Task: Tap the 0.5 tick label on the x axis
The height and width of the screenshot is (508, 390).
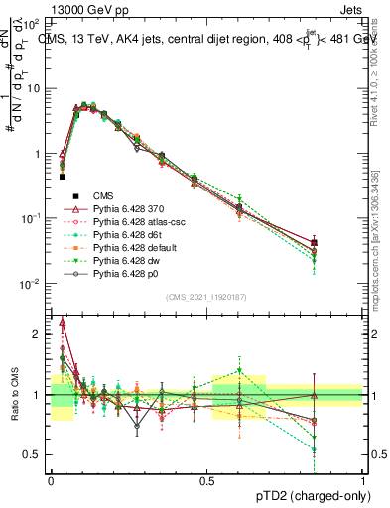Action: coord(206,480)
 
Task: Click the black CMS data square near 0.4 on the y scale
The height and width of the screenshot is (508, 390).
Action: coord(63,177)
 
